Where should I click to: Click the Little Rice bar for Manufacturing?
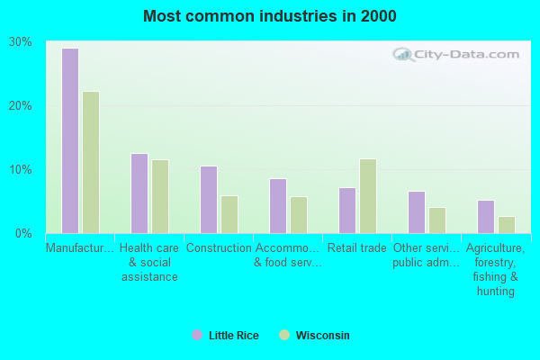pos(70,140)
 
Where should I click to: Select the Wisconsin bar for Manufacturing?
pos(91,162)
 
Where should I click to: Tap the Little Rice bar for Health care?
pos(139,193)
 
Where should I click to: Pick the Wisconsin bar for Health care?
pos(160,196)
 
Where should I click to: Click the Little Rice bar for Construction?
pos(209,200)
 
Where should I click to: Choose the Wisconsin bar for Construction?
pos(229,214)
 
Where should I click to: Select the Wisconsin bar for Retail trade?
pos(368,196)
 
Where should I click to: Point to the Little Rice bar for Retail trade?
pos(347,210)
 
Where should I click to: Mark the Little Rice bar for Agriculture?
pos(486,216)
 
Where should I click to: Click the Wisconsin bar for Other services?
pos(437,220)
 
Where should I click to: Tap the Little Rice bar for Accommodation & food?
pos(278,206)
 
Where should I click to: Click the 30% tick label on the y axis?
pos(20,42)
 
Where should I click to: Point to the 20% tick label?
pos(20,106)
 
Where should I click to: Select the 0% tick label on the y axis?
pos(23,234)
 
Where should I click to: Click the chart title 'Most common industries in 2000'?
pos(269,16)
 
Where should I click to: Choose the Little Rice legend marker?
pos(197,336)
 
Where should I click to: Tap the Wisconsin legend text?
pos(323,336)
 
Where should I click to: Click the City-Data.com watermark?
pos(459,54)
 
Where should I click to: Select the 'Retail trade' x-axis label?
pos(357,248)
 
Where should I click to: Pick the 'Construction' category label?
pos(219,248)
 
